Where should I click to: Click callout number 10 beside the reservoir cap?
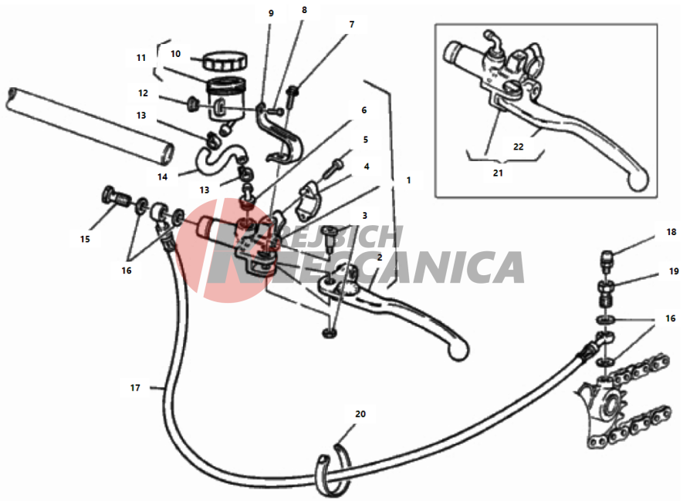click(175, 54)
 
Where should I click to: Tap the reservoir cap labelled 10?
click(225, 61)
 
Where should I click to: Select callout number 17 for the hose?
click(135, 388)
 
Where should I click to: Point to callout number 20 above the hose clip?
click(360, 414)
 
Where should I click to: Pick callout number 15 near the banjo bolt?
click(85, 240)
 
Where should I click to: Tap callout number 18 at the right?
click(671, 232)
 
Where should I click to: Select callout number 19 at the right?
click(674, 271)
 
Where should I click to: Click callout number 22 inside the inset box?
click(518, 146)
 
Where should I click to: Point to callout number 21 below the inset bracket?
click(498, 173)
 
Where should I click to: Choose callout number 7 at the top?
click(351, 24)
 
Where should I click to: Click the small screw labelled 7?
click(293, 95)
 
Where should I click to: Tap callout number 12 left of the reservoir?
click(143, 93)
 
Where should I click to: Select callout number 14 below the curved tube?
click(162, 177)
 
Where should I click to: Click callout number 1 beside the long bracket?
click(408, 180)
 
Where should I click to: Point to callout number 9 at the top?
click(271, 13)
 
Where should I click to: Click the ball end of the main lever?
click(458, 349)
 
